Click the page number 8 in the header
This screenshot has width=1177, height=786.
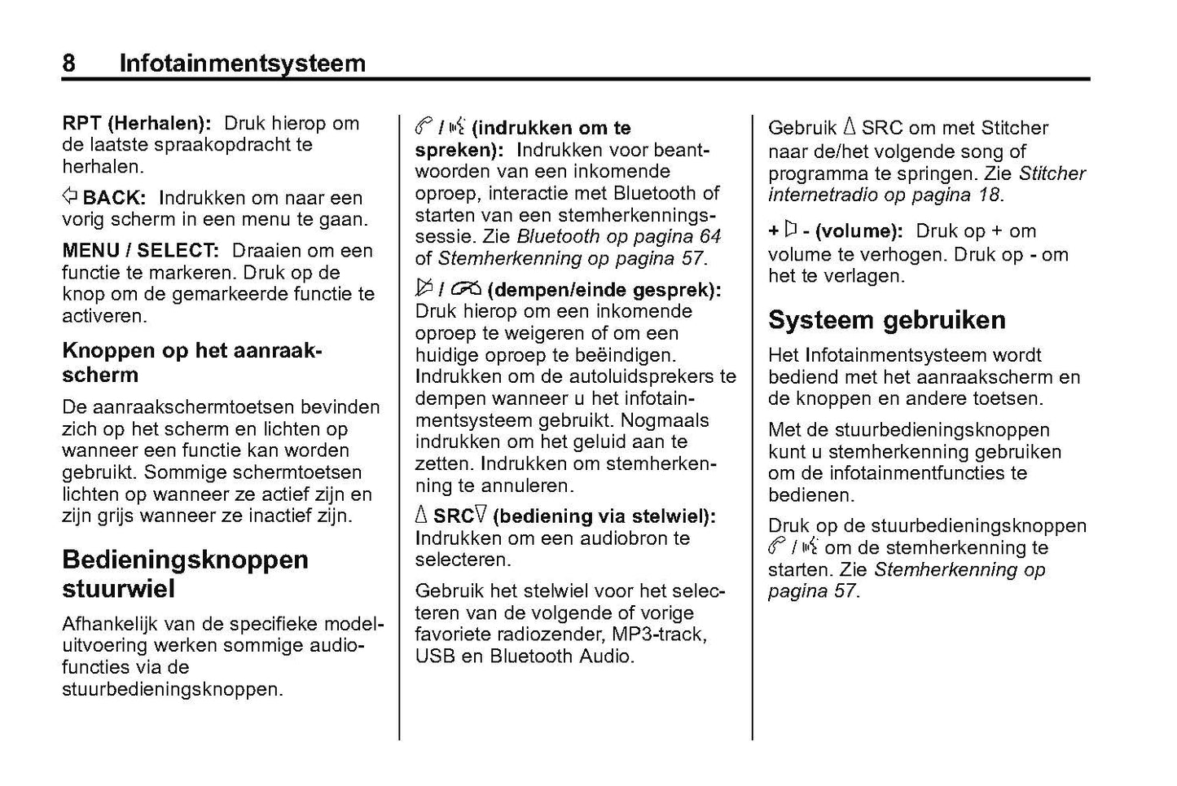(69, 63)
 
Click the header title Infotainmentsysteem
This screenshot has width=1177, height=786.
(242, 63)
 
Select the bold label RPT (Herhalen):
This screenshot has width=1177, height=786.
(137, 124)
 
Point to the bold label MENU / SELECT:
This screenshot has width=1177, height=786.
(140, 251)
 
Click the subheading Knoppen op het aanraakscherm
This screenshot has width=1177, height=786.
(192, 362)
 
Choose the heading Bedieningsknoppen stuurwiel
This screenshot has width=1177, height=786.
(185, 573)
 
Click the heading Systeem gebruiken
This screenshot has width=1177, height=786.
(886, 320)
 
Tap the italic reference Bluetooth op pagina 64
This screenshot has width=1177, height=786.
(619, 237)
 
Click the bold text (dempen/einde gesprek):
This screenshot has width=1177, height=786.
(608, 290)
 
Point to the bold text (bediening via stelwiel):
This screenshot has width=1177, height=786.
(604, 516)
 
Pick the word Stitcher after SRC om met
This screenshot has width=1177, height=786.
(1015, 128)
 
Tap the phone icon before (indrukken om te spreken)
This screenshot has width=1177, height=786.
(422, 127)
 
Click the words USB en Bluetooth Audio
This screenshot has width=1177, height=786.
(524, 656)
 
